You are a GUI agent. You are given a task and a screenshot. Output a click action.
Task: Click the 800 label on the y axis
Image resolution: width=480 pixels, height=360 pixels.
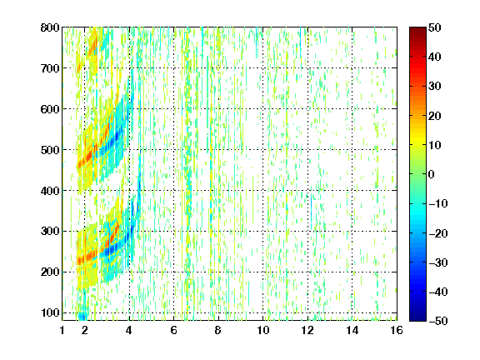(x=50, y=27)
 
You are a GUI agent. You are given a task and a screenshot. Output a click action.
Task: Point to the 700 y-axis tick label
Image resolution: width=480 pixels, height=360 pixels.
(x=50, y=68)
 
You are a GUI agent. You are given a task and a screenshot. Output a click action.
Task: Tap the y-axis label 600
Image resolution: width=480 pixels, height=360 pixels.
(x=50, y=109)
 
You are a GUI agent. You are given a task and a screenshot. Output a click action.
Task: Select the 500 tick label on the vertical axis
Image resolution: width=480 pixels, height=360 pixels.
(x=50, y=150)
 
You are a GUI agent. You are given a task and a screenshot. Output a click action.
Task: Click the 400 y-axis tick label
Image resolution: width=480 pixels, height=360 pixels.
(x=50, y=191)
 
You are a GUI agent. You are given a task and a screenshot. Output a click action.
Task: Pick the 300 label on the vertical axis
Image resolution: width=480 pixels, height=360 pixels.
(x=50, y=232)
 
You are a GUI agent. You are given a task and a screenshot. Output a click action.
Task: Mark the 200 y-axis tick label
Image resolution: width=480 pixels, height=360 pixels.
(x=50, y=272)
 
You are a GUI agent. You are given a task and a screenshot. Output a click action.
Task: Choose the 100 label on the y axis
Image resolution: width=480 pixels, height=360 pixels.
(x=50, y=312)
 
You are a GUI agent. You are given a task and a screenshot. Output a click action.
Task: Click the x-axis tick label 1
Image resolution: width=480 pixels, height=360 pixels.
(x=62, y=330)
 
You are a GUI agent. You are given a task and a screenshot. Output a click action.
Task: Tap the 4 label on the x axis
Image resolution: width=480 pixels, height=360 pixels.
(x=129, y=330)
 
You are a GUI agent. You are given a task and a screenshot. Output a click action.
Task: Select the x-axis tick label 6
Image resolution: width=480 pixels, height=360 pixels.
(x=173, y=330)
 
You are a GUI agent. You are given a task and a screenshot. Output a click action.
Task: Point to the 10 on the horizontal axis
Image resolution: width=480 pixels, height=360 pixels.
(x=262, y=330)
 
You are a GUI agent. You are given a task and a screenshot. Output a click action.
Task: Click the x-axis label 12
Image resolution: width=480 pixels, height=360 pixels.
(x=307, y=330)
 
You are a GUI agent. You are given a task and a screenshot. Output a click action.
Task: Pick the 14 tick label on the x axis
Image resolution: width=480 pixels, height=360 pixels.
(x=352, y=330)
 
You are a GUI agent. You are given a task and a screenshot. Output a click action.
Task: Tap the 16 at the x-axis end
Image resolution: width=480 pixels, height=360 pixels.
(x=397, y=330)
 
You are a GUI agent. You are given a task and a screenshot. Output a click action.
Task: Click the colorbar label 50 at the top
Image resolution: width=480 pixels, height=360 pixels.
(x=434, y=27)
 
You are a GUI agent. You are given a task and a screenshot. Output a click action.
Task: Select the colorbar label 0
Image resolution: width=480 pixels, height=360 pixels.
(x=431, y=174)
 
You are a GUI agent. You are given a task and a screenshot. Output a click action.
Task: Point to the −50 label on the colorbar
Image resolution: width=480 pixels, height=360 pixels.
(x=438, y=321)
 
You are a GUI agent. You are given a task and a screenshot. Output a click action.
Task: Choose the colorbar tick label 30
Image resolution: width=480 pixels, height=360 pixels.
(x=434, y=87)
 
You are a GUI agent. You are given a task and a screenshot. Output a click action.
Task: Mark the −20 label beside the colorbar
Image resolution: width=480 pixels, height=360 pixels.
(x=438, y=233)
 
